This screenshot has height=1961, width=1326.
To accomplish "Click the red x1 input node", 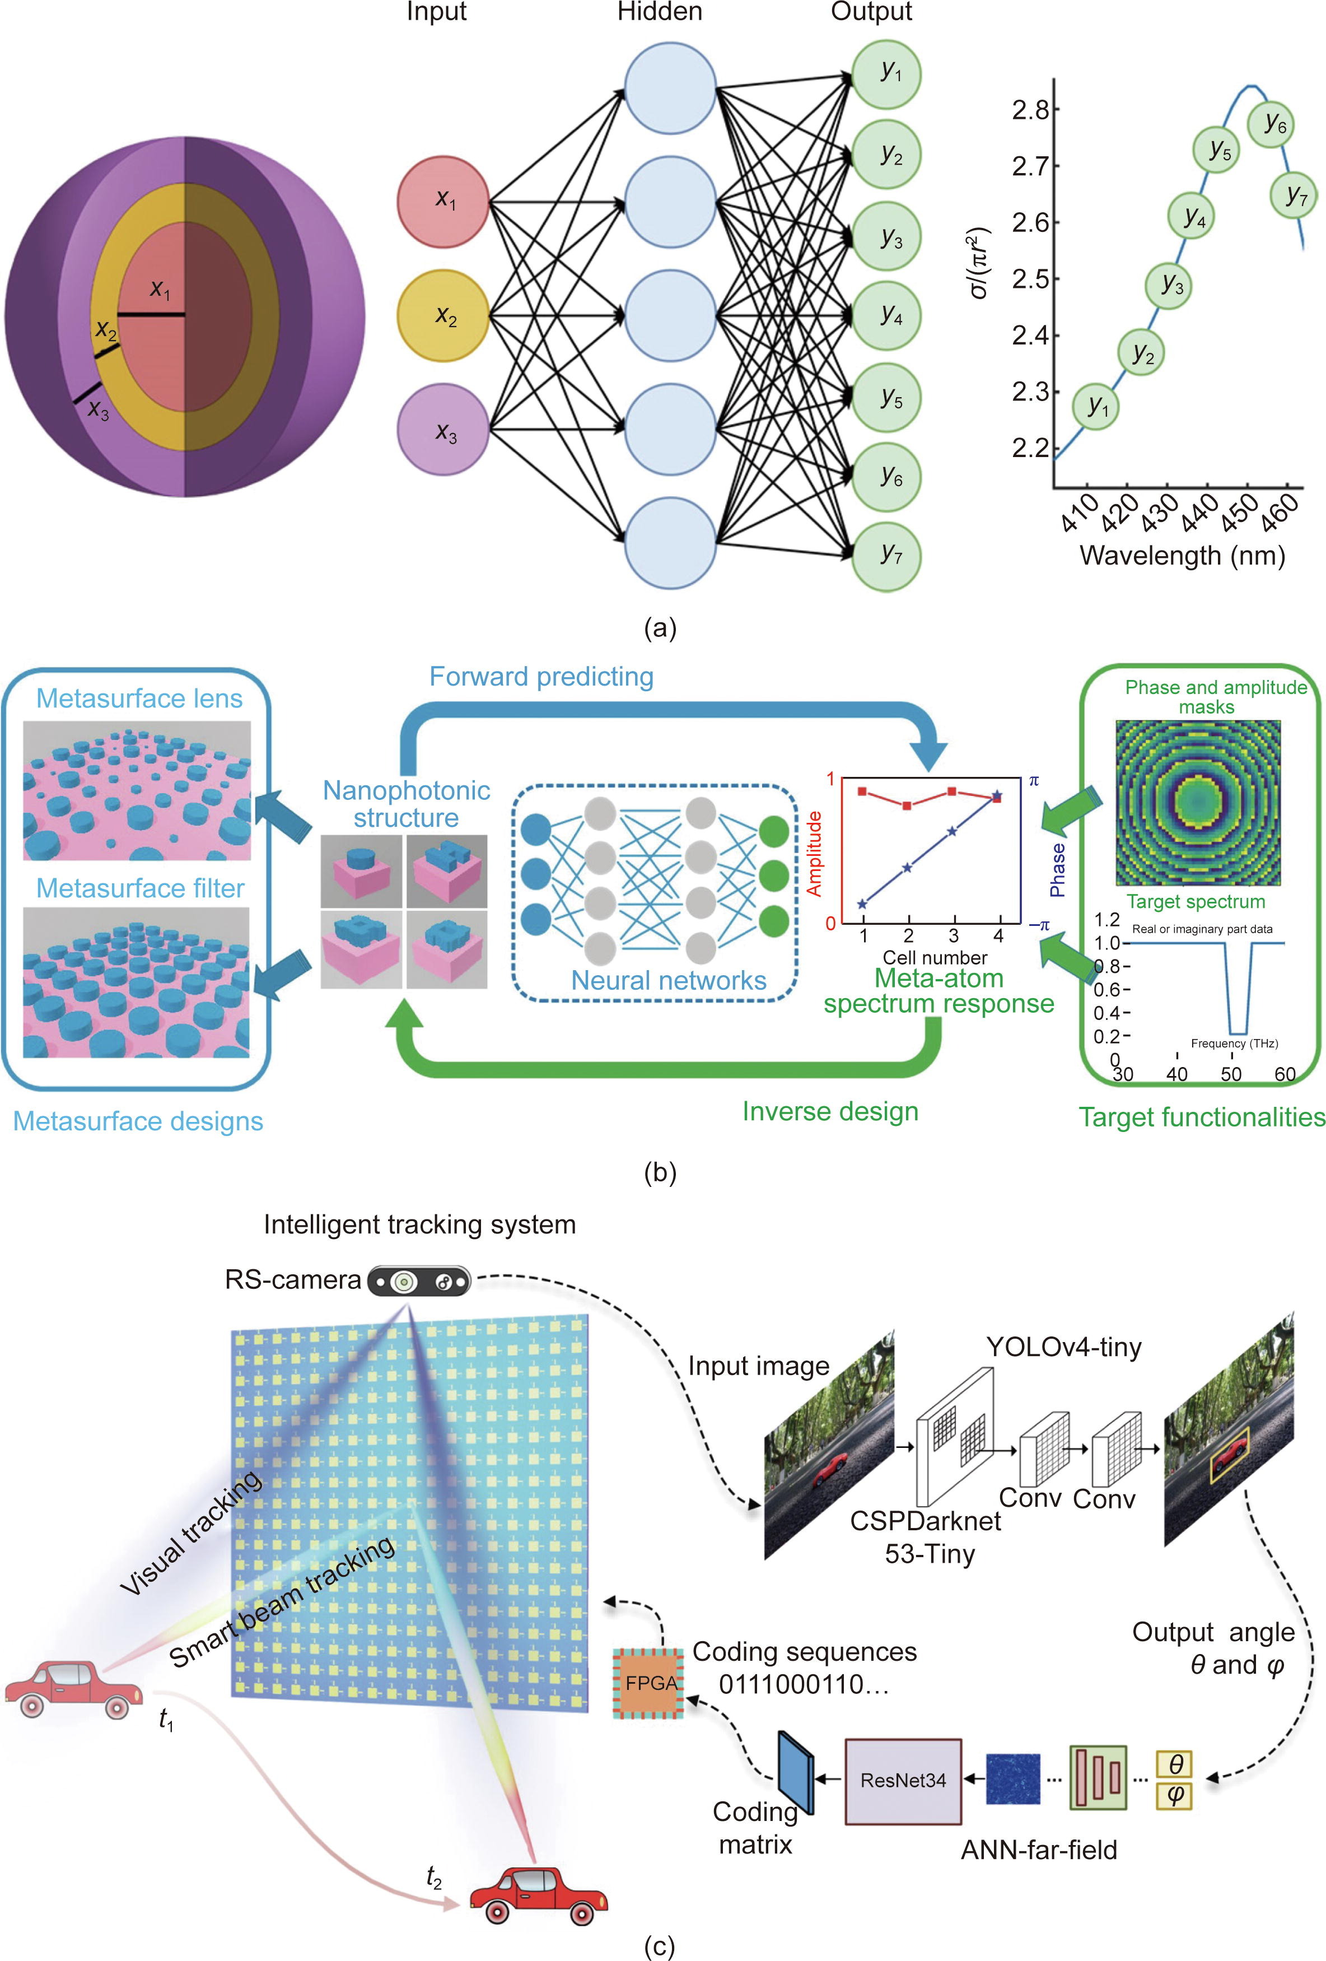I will coord(443,201).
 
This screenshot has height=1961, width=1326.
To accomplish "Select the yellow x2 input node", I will coord(443,316).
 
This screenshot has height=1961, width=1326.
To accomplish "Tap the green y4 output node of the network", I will coord(886,315).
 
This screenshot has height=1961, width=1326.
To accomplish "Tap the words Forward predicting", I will coord(541,676).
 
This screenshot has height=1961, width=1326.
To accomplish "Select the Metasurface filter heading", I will coord(140,888).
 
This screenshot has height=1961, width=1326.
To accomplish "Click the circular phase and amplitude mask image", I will coord(1198,803).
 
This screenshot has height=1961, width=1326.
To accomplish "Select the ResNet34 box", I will coord(903,1781).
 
